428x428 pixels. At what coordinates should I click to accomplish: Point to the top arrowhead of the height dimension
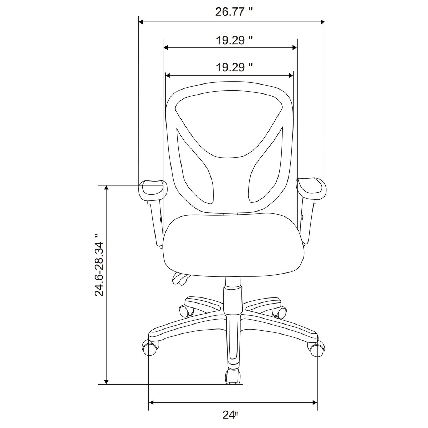click(106, 188)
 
